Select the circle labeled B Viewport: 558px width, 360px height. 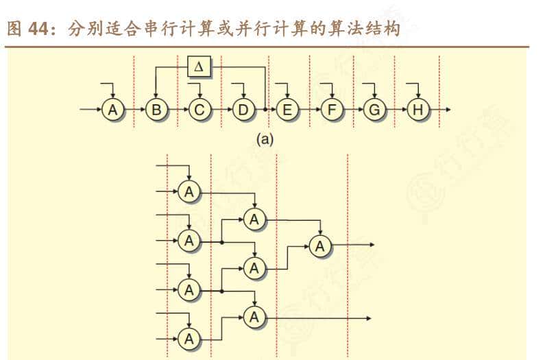(x=156, y=110)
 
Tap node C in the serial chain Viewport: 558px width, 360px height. (x=199, y=110)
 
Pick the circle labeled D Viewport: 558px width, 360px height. (x=243, y=110)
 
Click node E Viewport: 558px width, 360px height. (x=287, y=110)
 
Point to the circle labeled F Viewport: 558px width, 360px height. (x=331, y=110)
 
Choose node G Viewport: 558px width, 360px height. (x=374, y=110)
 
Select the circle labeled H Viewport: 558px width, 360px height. (x=417, y=110)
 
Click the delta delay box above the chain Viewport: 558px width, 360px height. (x=199, y=67)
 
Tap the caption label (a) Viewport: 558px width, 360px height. (x=265, y=139)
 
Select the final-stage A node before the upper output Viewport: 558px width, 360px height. (x=319, y=245)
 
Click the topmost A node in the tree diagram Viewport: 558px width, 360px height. (x=189, y=192)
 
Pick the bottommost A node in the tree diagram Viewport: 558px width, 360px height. (x=189, y=339)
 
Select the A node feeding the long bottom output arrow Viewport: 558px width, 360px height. (x=254, y=317)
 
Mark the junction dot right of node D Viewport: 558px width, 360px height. (x=265, y=110)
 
